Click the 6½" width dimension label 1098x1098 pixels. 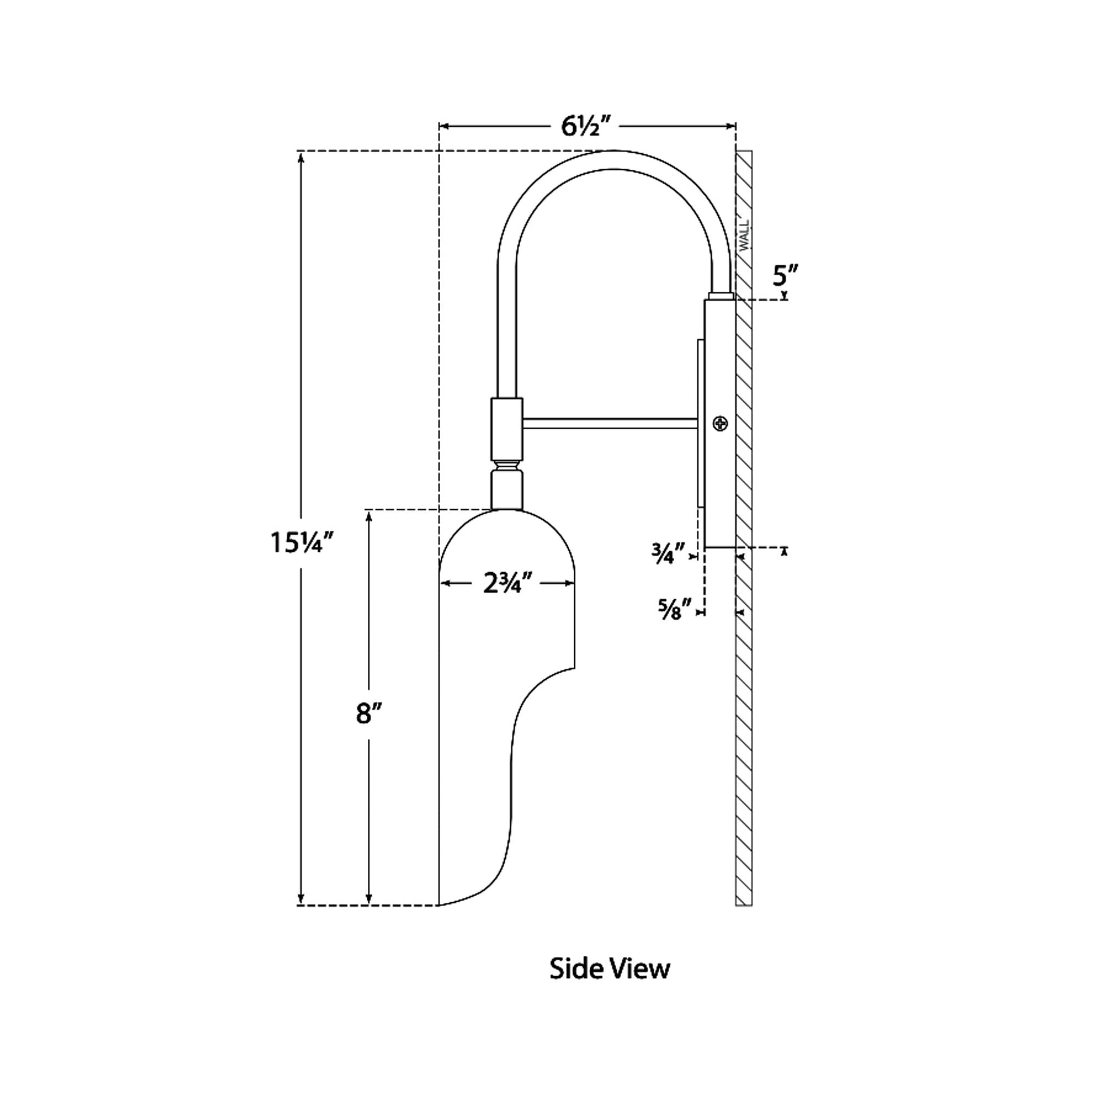coord(585,126)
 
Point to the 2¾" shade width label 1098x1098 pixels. coord(507,583)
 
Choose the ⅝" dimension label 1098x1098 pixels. coord(674,611)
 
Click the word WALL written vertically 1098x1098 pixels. coord(744,235)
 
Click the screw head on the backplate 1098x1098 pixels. coord(721,423)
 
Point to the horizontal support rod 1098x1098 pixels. coord(609,423)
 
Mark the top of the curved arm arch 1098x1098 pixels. coord(614,160)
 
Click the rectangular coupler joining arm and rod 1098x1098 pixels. coord(506,427)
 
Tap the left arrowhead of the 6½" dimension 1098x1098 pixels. coord(444,126)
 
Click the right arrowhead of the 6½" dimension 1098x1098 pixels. coord(732,126)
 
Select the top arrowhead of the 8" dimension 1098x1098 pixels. coord(370,515)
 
